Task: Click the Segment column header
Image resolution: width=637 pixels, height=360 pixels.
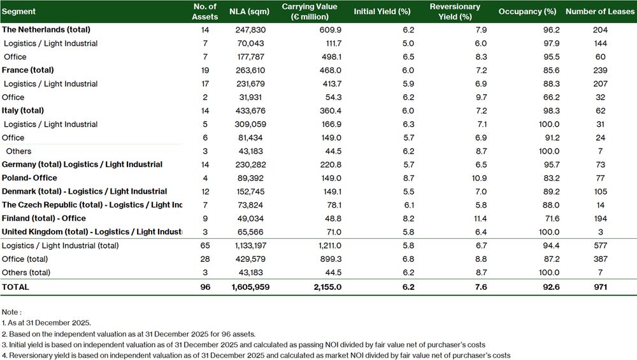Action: click(x=19, y=11)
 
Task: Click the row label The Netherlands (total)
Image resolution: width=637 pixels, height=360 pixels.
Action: click(x=46, y=29)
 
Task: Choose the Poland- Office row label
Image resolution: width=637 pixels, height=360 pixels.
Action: click(x=29, y=178)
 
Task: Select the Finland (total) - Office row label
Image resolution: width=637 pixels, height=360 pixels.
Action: click(x=44, y=218)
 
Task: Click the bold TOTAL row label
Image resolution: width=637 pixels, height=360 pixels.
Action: click(x=16, y=287)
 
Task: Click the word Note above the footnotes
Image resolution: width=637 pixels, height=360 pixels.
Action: click(x=11, y=312)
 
